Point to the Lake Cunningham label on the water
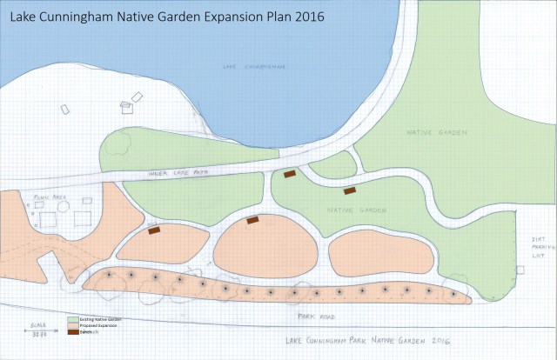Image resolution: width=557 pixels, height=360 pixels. point(254,65)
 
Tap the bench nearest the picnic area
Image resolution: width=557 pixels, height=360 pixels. point(154,230)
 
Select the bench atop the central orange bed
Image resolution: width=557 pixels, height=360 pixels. point(253,220)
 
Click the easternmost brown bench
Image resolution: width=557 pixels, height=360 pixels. point(350,190)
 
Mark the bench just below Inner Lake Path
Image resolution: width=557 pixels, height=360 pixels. point(290,174)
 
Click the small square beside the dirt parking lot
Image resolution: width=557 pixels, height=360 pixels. point(520,270)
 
